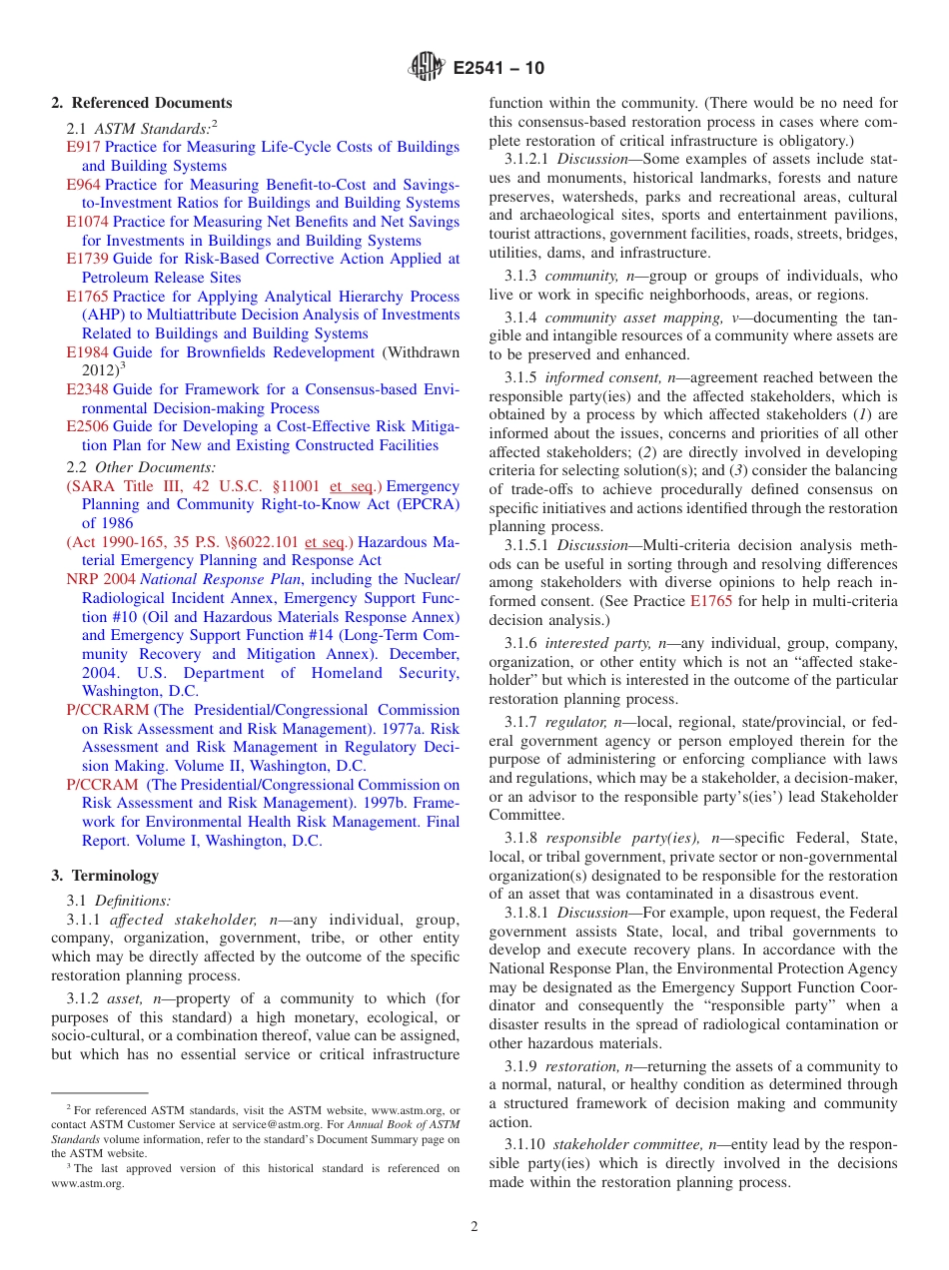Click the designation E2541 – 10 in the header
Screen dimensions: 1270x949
pos(498,69)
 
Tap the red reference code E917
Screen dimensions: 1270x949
pos(83,147)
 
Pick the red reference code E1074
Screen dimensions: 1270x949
pos(87,222)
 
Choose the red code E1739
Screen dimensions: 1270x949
pos(87,259)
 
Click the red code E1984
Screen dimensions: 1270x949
pos(87,352)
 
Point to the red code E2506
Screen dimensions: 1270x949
pos(87,426)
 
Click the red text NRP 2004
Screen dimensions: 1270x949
pos(101,579)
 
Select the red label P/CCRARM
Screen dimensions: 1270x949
pos(107,710)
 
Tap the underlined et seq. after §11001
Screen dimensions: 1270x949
pos(351,486)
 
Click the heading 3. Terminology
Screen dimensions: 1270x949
pos(105,876)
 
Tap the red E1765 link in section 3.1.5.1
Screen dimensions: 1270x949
pos(711,601)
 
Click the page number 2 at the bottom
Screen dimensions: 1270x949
pos(474,1226)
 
